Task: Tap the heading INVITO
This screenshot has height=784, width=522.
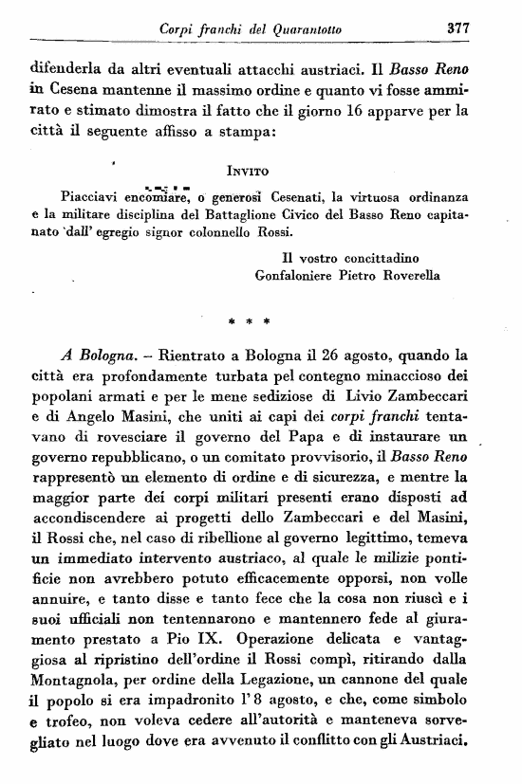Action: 251,172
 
